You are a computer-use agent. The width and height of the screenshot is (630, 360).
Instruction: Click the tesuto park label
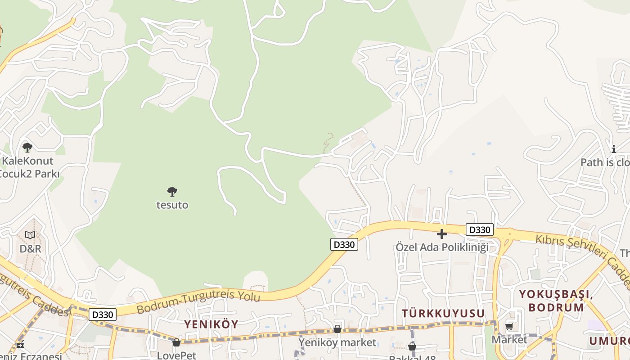172,205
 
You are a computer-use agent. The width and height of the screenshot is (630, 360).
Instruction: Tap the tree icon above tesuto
172,192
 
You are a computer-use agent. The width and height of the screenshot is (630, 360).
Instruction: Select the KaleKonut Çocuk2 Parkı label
28,167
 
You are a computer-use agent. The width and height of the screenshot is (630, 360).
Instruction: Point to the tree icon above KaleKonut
27,147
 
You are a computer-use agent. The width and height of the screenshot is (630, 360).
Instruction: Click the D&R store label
30,248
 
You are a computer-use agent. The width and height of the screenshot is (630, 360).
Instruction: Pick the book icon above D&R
30,235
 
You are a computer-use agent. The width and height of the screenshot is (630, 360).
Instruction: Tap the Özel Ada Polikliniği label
442,247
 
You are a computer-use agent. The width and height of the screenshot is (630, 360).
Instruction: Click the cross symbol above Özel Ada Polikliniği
442,234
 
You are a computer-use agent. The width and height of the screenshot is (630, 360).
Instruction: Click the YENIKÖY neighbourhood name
211,324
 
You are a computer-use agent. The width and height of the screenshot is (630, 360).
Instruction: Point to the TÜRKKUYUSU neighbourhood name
443,313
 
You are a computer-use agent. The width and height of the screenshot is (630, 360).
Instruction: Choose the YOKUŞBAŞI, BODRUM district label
556,301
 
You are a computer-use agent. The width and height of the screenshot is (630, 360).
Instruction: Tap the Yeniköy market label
337,342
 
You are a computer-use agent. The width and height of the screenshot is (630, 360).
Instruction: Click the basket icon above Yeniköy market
337,329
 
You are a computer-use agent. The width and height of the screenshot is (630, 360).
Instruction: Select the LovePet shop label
176,355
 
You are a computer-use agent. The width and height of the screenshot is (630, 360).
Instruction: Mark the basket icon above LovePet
176,342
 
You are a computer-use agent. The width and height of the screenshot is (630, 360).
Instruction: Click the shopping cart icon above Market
509,326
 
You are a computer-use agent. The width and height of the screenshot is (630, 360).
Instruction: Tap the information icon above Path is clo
614,149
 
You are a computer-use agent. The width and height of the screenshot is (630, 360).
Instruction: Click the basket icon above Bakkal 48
412,346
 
